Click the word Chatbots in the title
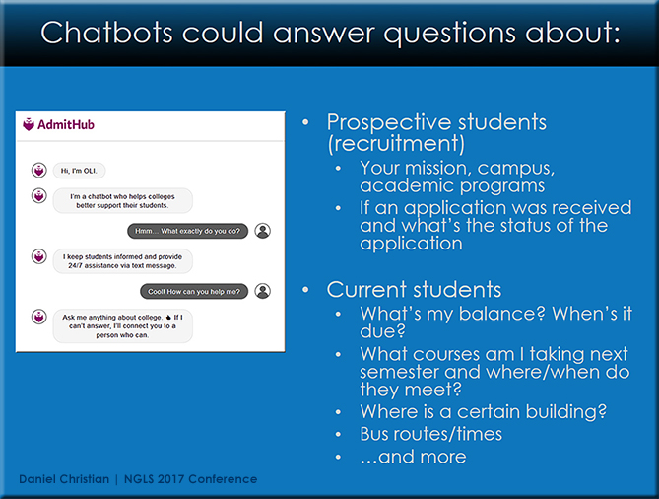(x=106, y=33)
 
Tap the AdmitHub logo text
(x=66, y=124)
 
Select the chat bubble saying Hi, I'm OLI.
(x=79, y=171)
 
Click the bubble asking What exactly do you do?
(x=187, y=231)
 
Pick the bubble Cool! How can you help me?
(x=194, y=292)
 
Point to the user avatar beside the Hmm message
(x=263, y=231)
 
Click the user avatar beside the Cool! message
(x=263, y=291)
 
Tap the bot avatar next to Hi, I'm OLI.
(x=39, y=171)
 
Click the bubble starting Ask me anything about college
(x=123, y=326)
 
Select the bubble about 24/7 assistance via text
(x=123, y=261)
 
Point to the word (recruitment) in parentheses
(x=396, y=144)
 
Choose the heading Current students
(x=414, y=290)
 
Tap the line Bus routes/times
(x=430, y=434)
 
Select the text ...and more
(x=413, y=457)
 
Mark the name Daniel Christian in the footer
(x=64, y=479)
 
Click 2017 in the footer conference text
(x=170, y=479)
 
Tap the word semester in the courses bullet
(x=399, y=372)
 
